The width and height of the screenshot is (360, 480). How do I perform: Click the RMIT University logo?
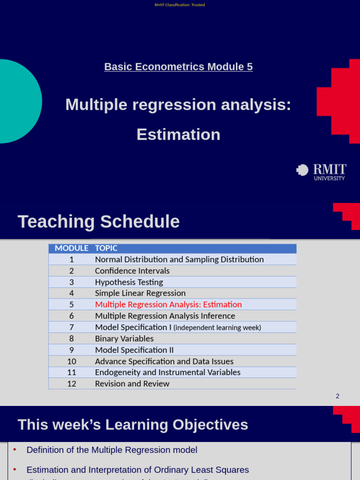[x=322, y=172]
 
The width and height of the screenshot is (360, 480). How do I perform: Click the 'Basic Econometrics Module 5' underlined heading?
[x=178, y=67]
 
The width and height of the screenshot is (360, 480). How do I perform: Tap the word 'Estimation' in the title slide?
[x=178, y=135]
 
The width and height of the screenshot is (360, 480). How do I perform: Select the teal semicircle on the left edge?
[x=19, y=101]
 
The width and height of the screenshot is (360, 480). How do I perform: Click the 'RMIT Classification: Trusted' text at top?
[x=180, y=5]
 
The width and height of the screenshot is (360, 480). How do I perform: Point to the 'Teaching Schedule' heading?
[x=98, y=221]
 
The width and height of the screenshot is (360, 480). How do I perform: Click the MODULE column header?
[x=71, y=248]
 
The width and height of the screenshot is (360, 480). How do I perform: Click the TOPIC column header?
[x=106, y=248]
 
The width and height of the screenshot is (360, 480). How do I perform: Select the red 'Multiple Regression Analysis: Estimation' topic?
[x=168, y=304]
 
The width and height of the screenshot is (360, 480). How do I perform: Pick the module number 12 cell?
[x=71, y=383]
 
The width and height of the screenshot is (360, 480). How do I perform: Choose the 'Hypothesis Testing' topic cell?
[x=129, y=282]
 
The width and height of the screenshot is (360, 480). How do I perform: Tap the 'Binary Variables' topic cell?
[x=124, y=338]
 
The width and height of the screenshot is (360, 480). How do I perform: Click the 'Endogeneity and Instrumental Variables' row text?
[x=167, y=372]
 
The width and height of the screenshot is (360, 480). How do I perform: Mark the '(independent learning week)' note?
[x=217, y=328]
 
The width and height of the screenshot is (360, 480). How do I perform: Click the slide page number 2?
[x=337, y=396]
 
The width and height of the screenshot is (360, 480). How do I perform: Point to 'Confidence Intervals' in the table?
[x=132, y=271]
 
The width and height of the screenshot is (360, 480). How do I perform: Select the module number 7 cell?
[x=71, y=327]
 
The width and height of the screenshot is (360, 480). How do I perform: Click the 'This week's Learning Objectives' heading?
[x=133, y=425]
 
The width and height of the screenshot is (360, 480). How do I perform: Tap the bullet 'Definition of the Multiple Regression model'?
[x=112, y=450]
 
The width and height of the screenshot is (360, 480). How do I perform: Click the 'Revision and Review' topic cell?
[x=132, y=383]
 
